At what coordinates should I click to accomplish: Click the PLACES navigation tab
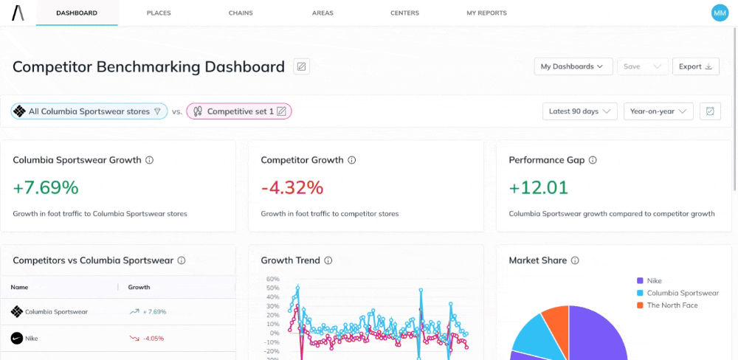click(159, 13)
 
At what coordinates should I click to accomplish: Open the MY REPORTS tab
click(486, 13)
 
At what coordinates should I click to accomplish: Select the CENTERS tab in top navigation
click(404, 13)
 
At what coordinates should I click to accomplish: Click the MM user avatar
click(719, 13)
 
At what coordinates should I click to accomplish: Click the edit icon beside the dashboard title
click(301, 66)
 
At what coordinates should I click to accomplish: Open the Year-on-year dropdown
click(658, 111)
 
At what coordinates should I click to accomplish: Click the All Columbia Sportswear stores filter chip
click(89, 111)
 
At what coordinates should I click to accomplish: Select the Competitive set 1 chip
click(239, 111)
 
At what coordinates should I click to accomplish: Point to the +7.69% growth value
click(46, 187)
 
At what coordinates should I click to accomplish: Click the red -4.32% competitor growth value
click(292, 187)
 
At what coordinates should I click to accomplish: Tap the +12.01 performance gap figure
click(539, 187)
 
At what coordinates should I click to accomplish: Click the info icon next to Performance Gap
click(593, 160)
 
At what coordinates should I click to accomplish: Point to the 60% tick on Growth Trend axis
click(272, 280)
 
